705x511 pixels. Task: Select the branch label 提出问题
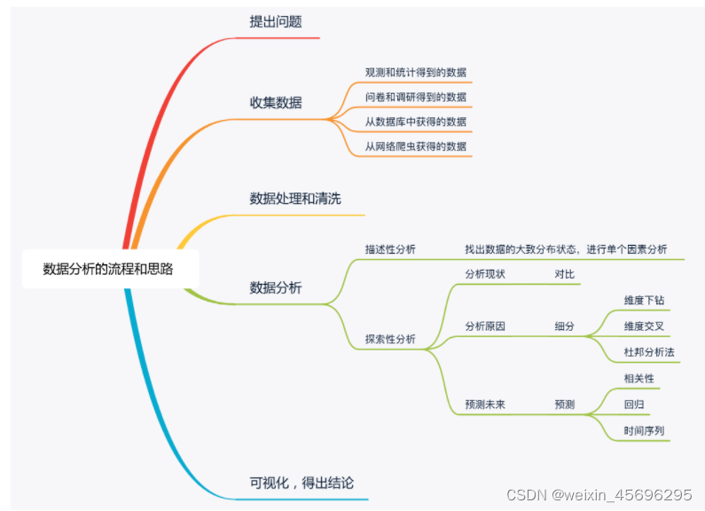click(276, 21)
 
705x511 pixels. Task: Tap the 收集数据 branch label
click(276, 102)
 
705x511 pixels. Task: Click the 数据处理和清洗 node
click(295, 198)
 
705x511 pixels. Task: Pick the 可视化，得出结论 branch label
click(302, 483)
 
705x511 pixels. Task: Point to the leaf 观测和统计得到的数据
click(416, 72)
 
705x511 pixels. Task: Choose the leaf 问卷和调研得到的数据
click(416, 97)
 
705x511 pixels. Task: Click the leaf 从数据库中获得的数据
click(416, 121)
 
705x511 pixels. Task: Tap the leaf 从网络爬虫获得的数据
click(416, 145)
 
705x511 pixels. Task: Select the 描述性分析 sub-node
click(390, 249)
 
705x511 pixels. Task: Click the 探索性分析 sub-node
click(390, 339)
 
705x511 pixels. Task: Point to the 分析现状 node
click(485, 274)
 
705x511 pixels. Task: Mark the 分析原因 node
click(485, 326)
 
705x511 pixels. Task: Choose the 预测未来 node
click(485, 404)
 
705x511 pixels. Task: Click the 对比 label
click(565, 274)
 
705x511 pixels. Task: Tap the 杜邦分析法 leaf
click(649, 352)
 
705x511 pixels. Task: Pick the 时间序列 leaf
click(644, 430)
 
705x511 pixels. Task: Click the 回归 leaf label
click(634, 404)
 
